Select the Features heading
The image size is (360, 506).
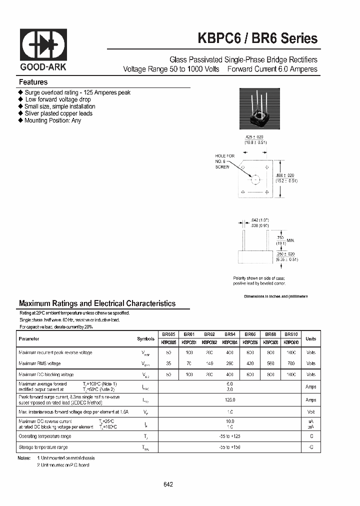click(x=33, y=82)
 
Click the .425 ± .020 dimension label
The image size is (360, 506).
click(x=255, y=139)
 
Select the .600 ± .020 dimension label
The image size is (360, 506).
click(x=286, y=177)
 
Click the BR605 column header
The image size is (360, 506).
click(x=168, y=334)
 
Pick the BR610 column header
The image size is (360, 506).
click(x=291, y=334)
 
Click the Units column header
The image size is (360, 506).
click(x=310, y=338)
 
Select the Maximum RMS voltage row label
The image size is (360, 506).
click(x=39, y=363)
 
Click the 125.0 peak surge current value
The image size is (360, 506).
click(x=229, y=400)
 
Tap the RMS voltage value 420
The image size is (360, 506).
click(x=250, y=363)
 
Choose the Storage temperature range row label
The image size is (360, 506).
click(x=43, y=447)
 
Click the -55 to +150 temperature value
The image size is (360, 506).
click(x=229, y=447)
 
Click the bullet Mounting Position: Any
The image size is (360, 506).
click(x=52, y=120)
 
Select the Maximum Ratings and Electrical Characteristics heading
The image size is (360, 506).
click(x=97, y=303)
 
